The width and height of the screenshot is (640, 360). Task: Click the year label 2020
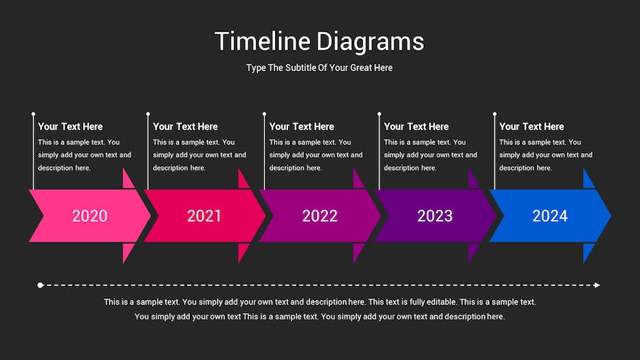pyautogui.click(x=90, y=216)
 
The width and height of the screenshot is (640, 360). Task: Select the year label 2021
pyautogui.click(x=204, y=216)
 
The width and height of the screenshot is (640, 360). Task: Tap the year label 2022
pyautogui.click(x=319, y=216)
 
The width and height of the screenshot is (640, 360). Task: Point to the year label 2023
pyautogui.click(x=434, y=216)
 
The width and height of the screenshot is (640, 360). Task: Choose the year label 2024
pyautogui.click(x=550, y=216)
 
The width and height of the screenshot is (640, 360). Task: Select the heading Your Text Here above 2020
pyautogui.click(x=70, y=127)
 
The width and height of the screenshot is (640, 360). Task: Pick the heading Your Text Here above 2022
pyautogui.click(x=302, y=127)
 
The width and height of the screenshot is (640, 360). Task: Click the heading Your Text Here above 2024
pyautogui.click(x=531, y=127)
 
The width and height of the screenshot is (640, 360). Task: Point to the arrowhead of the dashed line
pyautogui.click(x=597, y=285)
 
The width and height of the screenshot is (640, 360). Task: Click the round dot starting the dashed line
pyautogui.click(x=40, y=285)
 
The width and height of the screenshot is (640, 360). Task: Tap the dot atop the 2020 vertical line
pyautogui.click(x=33, y=114)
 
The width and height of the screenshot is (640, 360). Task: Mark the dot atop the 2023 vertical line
pyautogui.click(x=379, y=114)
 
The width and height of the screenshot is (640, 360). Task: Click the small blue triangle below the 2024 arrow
pyautogui.click(x=587, y=253)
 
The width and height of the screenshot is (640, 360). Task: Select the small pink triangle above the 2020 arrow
pyautogui.click(x=127, y=179)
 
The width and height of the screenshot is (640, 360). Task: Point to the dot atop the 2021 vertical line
pyautogui.click(x=148, y=114)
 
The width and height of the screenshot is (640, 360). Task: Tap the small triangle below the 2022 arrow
pyautogui.click(x=357, y=253)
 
